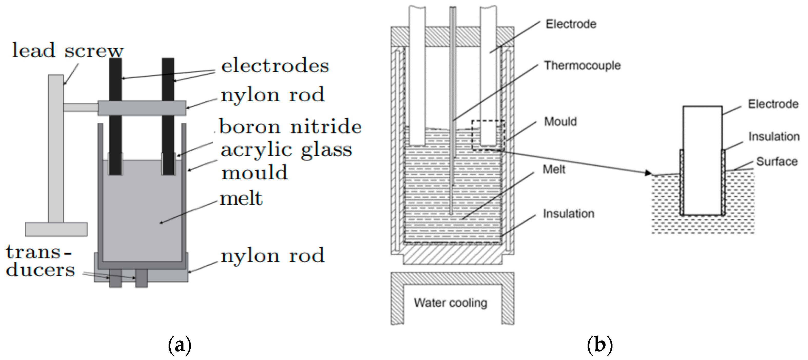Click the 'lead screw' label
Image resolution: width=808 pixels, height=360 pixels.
point(68,51)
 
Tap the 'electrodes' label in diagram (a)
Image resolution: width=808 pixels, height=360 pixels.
point(275,66)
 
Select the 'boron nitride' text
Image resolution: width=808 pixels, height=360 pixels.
point(290,127)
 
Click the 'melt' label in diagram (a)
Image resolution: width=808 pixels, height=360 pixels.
point(241,199)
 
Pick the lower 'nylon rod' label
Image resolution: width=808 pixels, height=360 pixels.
point(272,256)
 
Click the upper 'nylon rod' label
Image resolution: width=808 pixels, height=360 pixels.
point(272,95)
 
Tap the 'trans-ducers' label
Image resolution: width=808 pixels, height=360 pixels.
point(40,261)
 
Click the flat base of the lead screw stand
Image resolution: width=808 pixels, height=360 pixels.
point(56,229)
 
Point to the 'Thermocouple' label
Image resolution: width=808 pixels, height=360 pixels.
point(582,65)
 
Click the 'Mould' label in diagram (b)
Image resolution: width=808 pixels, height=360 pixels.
point(560,121)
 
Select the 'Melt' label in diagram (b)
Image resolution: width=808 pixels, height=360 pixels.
point(554,170)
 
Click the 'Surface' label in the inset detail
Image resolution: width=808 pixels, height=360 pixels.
point(777,161)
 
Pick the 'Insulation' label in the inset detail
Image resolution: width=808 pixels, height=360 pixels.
point(774,137)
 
